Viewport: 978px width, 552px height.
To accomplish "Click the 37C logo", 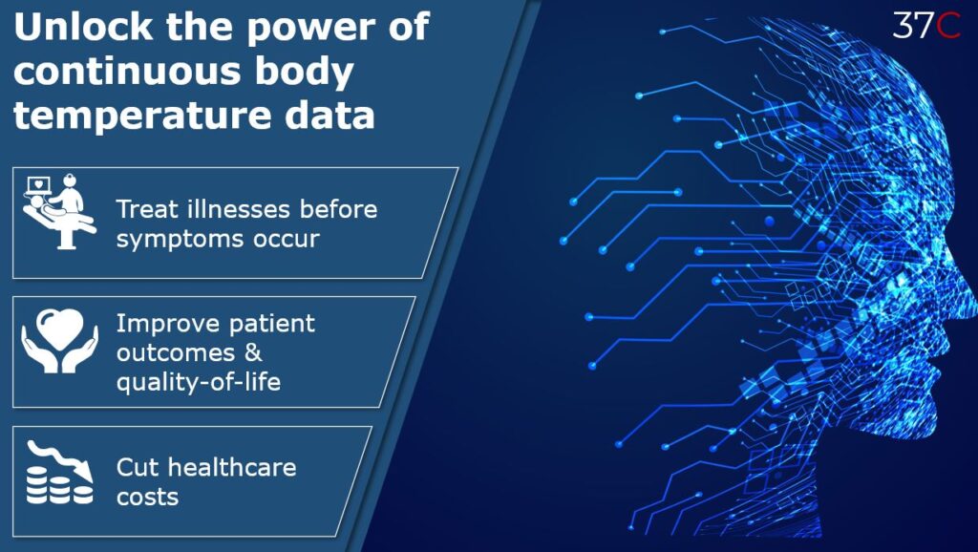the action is click(926, 24).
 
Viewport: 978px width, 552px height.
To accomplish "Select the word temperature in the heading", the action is click(142, 116).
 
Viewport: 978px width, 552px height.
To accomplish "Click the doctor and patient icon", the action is click(59, 211).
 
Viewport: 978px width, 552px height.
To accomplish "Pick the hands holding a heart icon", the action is click(60, 341).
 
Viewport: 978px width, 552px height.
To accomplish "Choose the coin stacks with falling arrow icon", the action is click(59, 472).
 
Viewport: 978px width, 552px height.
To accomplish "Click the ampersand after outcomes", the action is click(253, 353).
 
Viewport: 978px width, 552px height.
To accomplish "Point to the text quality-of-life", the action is click(199, 382).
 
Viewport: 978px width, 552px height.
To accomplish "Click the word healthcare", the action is click(232, 467).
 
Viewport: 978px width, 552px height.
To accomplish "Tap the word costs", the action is click(147, 498).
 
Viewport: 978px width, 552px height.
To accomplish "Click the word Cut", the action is click(139, 467).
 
